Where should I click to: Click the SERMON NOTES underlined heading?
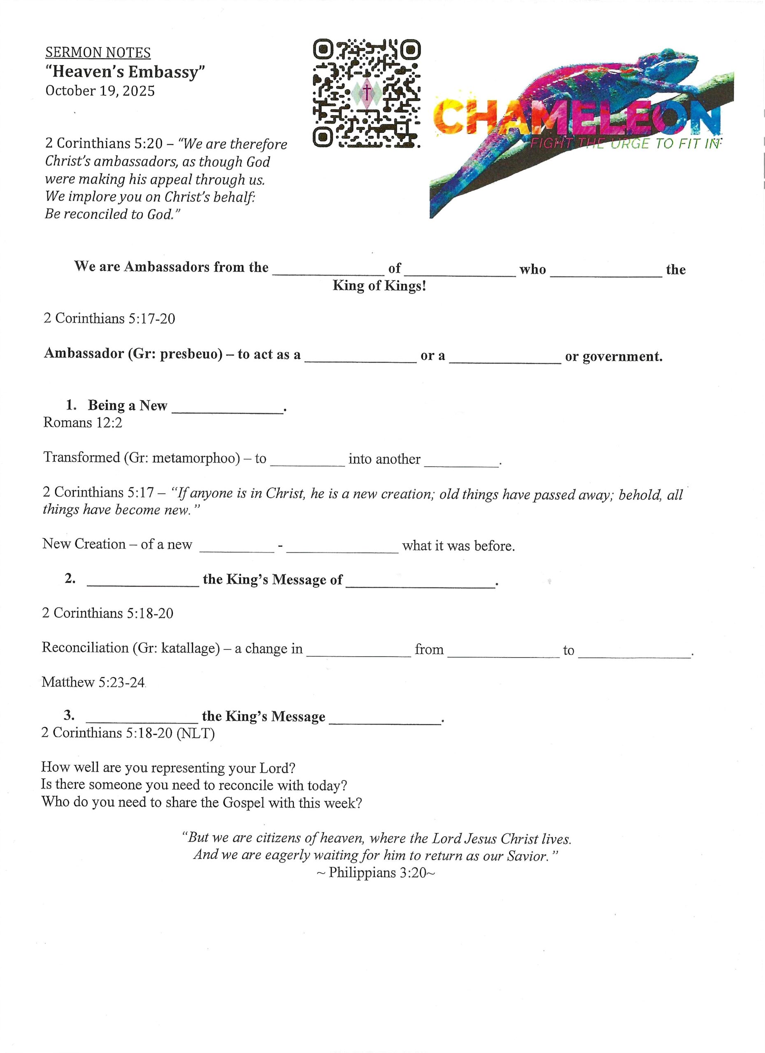click(x=98, y=53)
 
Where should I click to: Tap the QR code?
click(x=367, y=93)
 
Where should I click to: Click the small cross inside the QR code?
click(x=367, y=91)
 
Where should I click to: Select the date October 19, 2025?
click(x=100, y=90)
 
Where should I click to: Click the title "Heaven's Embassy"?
click(x=126, y=72)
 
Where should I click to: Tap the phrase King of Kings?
click(x=379, y=285)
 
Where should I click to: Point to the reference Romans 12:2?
click(x=83, y=422)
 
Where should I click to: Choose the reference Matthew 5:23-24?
click(x=93, y=682)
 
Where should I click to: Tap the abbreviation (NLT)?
click(x=195, y=733)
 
